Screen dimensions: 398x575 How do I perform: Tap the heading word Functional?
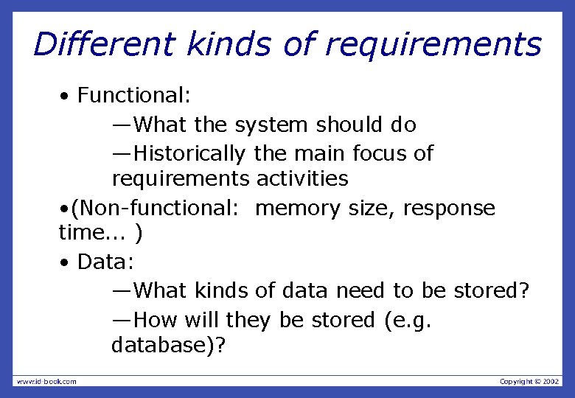click(x=134, y=95)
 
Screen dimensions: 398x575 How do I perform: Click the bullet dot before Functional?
click(x=66, y=97)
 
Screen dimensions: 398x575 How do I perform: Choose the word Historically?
click(x=190, y=154)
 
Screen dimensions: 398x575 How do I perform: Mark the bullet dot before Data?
click(x=66, y=263)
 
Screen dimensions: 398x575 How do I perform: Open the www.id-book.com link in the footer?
click(x=46, y=381)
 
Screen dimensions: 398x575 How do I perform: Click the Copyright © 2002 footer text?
click(x=529, y=381)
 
